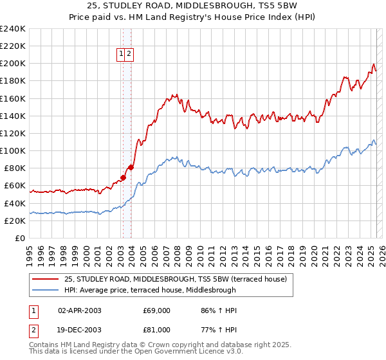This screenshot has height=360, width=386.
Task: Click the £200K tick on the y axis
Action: (x=12, y=64)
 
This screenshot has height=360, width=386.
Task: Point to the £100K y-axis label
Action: (x=12, y=150)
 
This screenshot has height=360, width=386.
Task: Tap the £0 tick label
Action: (x=21, y=238)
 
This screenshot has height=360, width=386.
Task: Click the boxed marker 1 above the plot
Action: (x=121, y=55)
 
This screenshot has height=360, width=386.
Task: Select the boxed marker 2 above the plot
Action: (x=129, y=55)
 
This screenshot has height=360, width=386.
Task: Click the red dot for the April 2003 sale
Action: (x=123, y=177)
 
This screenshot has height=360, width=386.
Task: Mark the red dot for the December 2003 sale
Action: (x=131, y=167)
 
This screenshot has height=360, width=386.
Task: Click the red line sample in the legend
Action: (x=45, y=279)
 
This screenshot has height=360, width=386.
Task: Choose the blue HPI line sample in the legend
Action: (x=45, y=290)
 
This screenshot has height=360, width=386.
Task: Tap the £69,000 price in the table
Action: (x=157, y=310)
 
